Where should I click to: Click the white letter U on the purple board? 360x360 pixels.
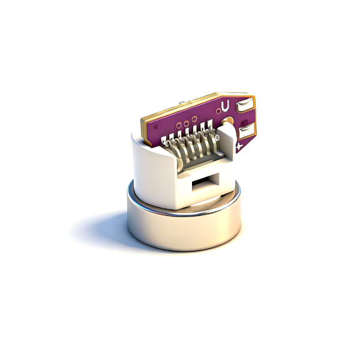click(226, 105)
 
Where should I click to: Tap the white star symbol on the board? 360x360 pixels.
click(239, 146)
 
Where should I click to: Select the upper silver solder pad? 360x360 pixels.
click(245, 105)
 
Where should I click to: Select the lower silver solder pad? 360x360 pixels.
click(247, 130)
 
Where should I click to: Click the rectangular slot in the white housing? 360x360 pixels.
click(202, 183)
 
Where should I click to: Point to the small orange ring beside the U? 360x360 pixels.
click(218, 112)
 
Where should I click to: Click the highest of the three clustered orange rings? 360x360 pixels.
click(194, 119)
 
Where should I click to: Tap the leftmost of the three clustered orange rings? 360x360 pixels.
click(179, 125)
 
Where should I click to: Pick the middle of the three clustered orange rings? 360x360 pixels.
click(186, 124)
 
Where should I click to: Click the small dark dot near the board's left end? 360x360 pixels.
click(156, 127)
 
